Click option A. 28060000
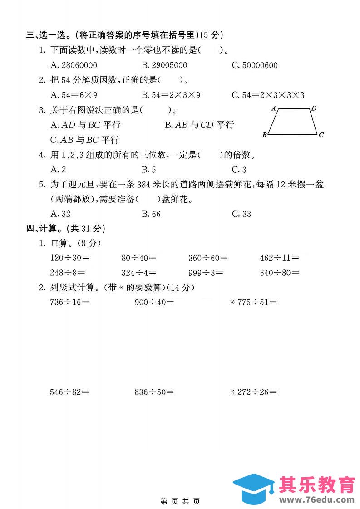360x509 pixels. [x=73, y=65]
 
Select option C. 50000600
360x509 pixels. [x=254, y=65]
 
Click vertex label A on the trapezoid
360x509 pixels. [x=274, y=108]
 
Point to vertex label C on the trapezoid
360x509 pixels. [x=321, y=135]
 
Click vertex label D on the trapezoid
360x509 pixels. [x=314, y=108]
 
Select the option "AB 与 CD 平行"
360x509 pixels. [x=199, y=125]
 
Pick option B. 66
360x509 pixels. [x=151, y=214]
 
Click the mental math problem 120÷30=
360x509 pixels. [x=69, y=258]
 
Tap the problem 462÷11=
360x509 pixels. [x=279, y=258]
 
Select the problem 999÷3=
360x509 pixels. [x=208, y=273]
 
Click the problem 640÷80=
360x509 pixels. [x=279, y=273]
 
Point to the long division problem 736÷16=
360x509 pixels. [x=69, y=302]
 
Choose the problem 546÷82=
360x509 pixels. [x=69, y=392]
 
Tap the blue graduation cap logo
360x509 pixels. [x=253, y=487]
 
